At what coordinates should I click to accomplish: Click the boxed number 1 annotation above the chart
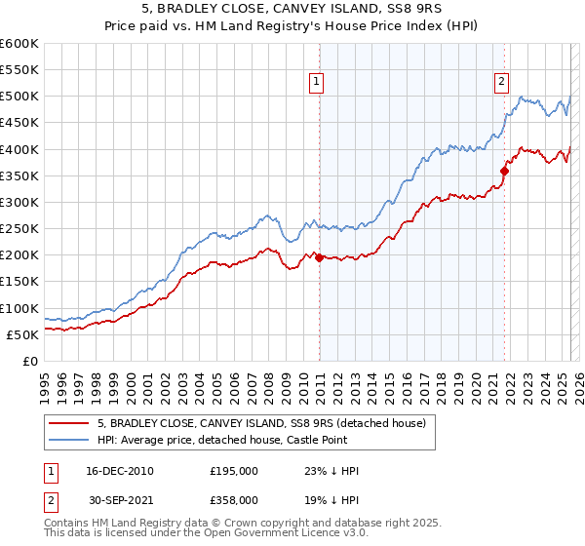tap(318, 83)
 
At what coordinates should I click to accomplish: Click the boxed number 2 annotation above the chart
tap(501, 83)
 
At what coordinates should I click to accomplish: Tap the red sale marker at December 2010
tap(319, 257)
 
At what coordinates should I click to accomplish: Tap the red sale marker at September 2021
tap(504, 171)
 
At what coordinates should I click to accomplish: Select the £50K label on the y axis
tap(22, 334)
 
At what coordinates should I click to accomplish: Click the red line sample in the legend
tap(69, 424)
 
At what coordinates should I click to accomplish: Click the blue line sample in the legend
tap(69, 441)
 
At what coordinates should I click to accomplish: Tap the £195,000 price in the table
tap(233, 471)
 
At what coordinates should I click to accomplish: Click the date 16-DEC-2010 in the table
tap(119, 471)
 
